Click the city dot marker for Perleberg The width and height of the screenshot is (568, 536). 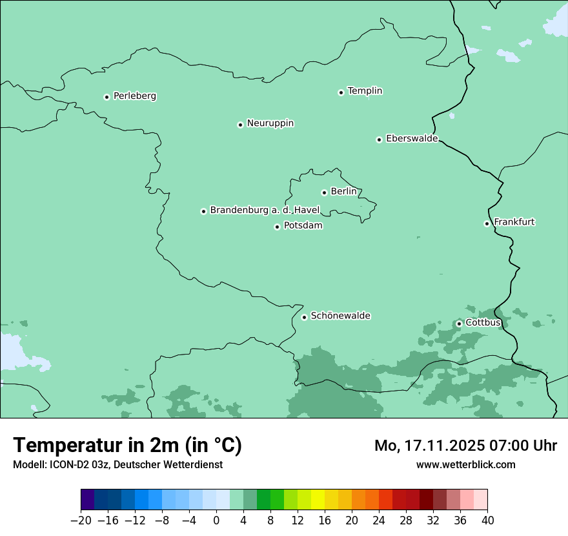tap(107, 97)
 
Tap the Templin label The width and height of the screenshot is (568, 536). tap(365, 91)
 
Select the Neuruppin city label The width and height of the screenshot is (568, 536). tap(270, 123)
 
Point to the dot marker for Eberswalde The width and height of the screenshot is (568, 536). tap(379, 139)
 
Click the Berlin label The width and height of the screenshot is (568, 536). tap(343, 192)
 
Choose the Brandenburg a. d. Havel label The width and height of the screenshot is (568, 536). tap(265, 211)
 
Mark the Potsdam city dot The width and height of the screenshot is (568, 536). tap(277, 227)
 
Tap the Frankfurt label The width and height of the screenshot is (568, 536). tap(514, 222)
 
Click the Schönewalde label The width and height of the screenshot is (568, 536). tap(340, 316)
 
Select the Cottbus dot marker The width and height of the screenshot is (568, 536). tap(459, 324)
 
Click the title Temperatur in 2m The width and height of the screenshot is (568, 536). tap(128, 445)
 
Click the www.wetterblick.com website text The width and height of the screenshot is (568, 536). tap(465, 464)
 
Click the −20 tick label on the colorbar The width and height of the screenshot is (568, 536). tap(81, 520)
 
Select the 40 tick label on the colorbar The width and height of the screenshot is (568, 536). tap(487, 520)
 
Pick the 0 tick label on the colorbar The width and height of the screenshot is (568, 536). tap(216, 520)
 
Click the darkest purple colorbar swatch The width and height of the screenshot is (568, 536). tap(88, 500)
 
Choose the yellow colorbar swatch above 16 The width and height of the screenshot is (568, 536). tap(318, 500)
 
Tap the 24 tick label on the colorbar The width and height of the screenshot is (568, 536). tap(379, 520)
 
